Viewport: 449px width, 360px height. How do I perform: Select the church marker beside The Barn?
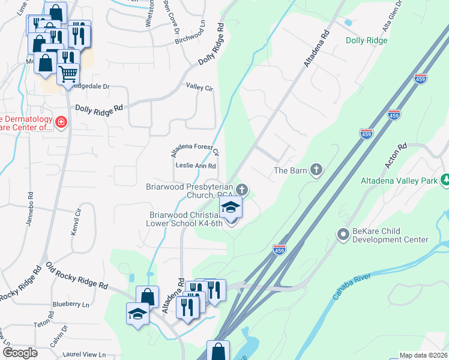click(x=316, y=170)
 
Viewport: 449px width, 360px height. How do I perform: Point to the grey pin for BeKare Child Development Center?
click(x=343, y=234)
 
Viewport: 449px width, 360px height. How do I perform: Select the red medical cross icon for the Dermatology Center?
click(x=61, y=123)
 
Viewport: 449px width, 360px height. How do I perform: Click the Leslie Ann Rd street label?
click(x=196, y=166)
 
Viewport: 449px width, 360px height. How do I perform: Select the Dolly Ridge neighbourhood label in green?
click(x=367, y=41)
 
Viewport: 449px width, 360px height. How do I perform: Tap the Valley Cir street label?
click(x=200, y=88)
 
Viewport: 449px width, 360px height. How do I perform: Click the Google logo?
click(x=20, y=353)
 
